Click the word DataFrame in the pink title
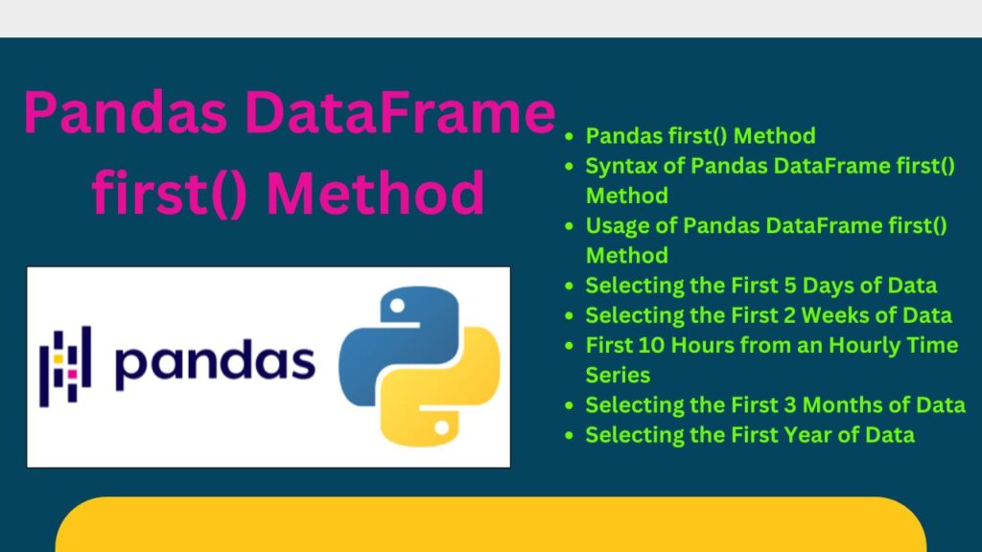(400, 113)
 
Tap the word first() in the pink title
(169, 193)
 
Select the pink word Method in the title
(375, 193)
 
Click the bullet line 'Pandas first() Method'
(700, 136)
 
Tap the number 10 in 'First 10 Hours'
(652, 345)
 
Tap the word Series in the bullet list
(618, 375)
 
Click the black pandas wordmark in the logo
(215, 362)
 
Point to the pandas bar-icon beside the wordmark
(65, 366)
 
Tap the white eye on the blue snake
(397, 306)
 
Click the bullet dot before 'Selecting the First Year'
(569, 436)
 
